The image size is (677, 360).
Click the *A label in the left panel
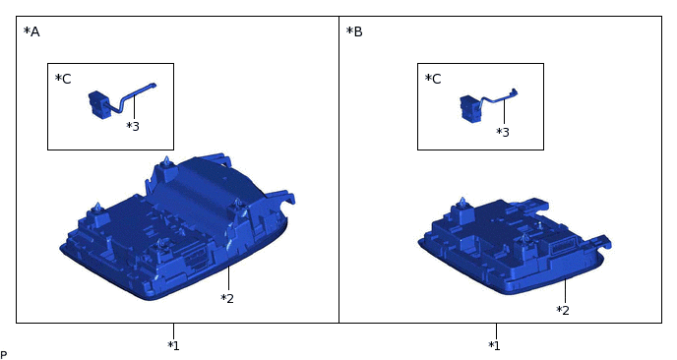31,31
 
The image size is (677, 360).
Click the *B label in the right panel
354,31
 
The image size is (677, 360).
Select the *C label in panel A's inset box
63,79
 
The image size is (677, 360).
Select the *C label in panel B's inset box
433,79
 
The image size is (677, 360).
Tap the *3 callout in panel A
133,127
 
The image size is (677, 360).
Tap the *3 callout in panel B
503,132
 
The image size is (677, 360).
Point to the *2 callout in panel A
227,298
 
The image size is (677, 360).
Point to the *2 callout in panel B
563,311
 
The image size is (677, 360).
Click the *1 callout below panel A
173,346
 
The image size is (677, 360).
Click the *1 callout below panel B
494,346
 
